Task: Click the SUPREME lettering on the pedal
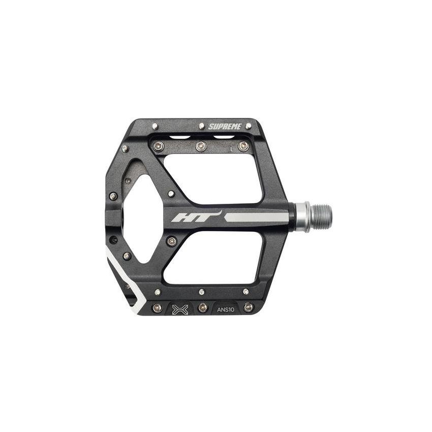225,127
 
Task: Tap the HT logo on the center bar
197,217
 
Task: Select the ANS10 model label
226,310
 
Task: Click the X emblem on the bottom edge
180,310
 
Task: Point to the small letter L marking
232,149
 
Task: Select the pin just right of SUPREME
248,126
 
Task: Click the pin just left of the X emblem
158,307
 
